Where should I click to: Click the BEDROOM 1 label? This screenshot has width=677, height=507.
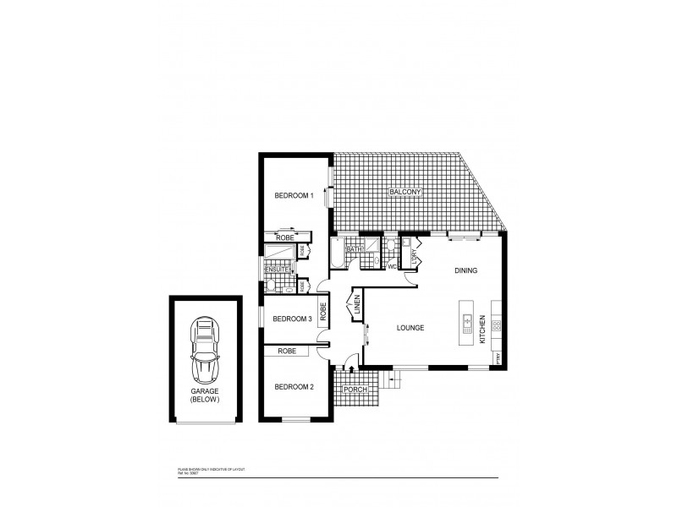(294, 196)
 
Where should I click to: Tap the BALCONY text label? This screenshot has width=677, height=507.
(405, 193)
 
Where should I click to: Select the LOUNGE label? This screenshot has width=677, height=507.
(409, 328)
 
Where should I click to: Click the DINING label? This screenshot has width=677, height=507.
(465, 271)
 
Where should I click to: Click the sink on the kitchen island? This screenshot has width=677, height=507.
(467, 321)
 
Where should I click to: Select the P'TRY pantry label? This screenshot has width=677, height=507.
(499, 358)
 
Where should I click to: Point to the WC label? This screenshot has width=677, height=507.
(392, 266)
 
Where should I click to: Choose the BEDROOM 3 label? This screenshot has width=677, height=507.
(293, 319)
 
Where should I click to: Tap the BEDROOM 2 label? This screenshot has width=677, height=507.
(293, 387)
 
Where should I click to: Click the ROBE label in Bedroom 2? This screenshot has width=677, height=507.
(287, 350)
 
